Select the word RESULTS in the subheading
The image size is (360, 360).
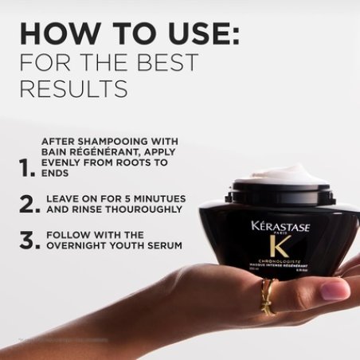click(73, 89)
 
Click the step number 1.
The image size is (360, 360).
click(28, 167)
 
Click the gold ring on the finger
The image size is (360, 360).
click(269, 297)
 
